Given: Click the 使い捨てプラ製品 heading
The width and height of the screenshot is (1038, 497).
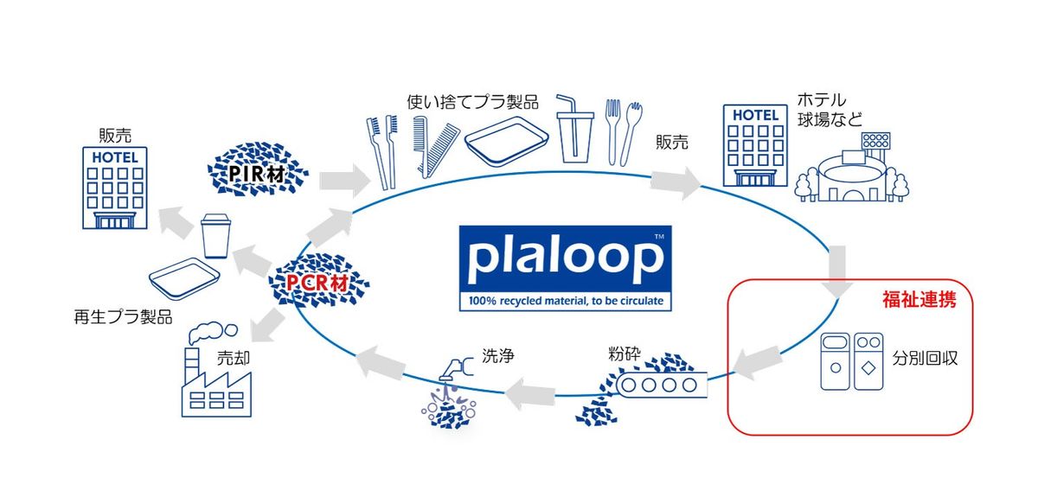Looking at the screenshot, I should (x=473, y=102).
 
